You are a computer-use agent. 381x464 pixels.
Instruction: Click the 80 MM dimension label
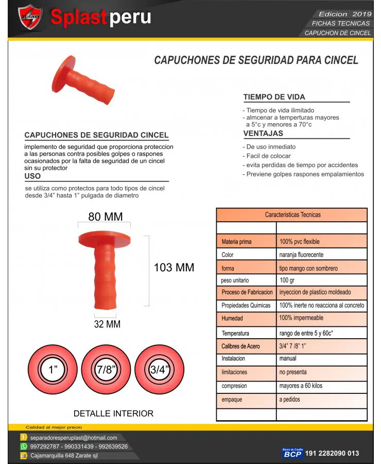[x=105, y=217]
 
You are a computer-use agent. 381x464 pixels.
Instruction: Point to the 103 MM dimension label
[x=174, y=268]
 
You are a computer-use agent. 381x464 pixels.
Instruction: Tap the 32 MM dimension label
[x=107, y=324]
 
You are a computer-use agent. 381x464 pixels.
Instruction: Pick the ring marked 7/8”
[x=107, y=370]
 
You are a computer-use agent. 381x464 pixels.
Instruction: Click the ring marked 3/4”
[x=160, y=370]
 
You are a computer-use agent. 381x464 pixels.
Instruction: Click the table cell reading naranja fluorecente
[x=301, y=255]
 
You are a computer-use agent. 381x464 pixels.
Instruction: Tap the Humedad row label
[x=232, y=318]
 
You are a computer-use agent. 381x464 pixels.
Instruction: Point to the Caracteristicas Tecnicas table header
[x=292, y=214]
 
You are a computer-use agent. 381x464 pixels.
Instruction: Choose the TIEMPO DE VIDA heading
[x=274, y=97]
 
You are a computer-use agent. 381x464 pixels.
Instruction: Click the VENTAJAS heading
[x=263, y=134]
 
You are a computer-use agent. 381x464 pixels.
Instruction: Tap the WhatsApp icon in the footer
[x=24, y=446]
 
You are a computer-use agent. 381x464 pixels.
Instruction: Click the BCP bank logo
[x=292, y=453]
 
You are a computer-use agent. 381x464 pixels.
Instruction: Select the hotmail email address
[x=74, y=438]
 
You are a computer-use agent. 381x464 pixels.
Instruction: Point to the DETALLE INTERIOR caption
[x=113, y=413]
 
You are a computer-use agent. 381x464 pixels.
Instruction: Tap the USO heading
[x=32, y=176]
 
